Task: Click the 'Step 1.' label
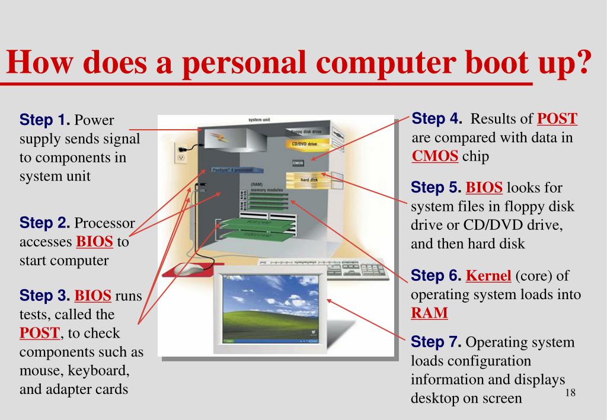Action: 44,120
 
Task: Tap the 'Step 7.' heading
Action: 436,342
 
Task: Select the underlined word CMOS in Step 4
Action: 435,156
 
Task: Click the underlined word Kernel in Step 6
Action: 488,275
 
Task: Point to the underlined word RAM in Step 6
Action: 429,313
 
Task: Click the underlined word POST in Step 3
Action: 40,333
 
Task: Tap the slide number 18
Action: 571,394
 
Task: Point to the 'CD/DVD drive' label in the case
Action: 303,144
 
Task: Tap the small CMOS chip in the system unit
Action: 298,162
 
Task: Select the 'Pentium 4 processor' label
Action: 233,170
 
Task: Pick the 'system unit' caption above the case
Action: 260,120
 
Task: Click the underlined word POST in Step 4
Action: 557,118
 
